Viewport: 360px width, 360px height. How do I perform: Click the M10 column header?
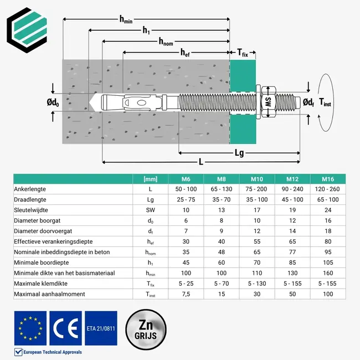pyautogui.click(x=257, y=178)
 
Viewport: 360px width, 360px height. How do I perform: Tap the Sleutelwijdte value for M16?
pyautogui.click(x=328, y=210)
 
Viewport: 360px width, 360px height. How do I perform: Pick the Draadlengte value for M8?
pyautogui.click(x=222, y=199)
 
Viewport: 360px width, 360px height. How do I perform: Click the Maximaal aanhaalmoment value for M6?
pyautogui.click(x=186, y=294)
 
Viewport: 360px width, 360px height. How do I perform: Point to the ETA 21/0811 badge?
pyautogui.click(x=101, y=328)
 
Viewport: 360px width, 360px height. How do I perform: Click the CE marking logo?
pyautogui.click(x=65, y=328)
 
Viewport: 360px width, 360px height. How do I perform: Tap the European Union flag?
pyautogui.click(x=30, y=328)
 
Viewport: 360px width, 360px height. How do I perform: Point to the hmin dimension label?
pyautogui.click(x=126, y=19)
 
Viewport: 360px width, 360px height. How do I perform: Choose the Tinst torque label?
pyautogui.click(x=327, y=102)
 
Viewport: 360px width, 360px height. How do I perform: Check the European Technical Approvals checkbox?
pyautogui.click(x=17, y=352)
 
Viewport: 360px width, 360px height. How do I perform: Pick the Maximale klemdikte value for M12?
pyautogui.click(x=292, y=283)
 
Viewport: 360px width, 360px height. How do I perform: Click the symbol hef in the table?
pyautogui.click(x=150, y=241)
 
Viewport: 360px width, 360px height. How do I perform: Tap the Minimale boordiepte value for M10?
pyautogui.click(x=257, y=263)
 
